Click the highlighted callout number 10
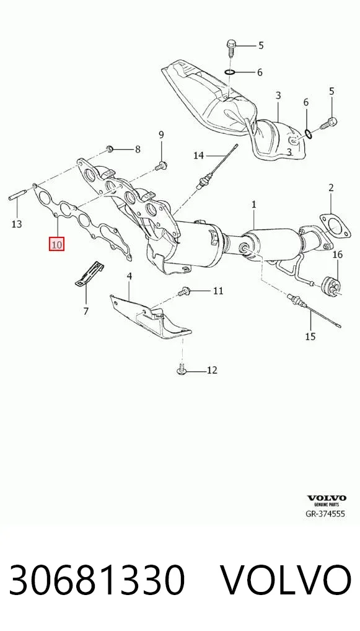click(57, 244)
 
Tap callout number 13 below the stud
click(17, 224)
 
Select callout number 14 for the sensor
click(199, 155)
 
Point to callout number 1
click(254, 205)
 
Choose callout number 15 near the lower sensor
click(310, 336)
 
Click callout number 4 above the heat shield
click(129, 276)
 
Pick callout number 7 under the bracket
click(86, 311)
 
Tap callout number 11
click(218, 290)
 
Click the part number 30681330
click(97, 580)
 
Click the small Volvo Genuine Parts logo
click(326, 500)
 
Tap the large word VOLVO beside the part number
click(287, 580)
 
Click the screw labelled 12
click(182, 369)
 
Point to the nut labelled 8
click(110, 149)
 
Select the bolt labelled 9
click(162, 164)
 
